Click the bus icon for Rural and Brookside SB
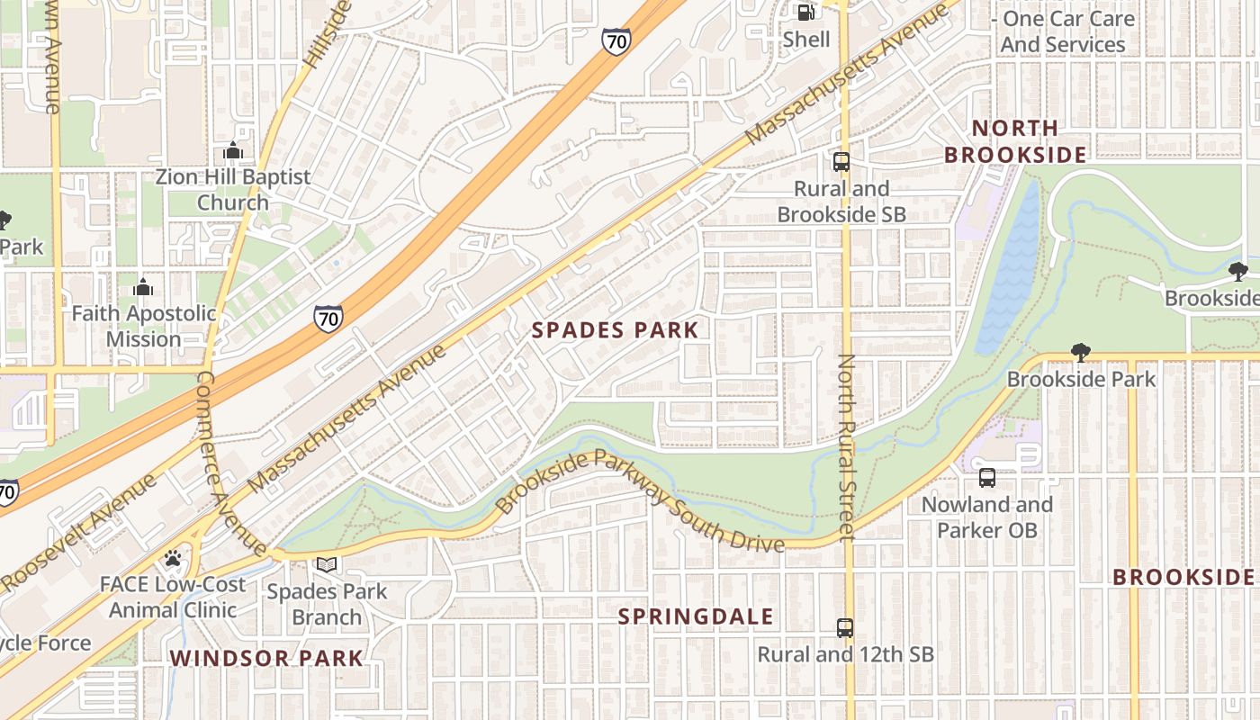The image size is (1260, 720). [x=841, y=162]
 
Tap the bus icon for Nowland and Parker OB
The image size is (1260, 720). [x=987, y=478]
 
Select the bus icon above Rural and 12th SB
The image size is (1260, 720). [x=844, y=628]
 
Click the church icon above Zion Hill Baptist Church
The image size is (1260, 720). [x=233, y=150]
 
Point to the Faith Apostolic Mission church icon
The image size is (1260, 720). [x=143, y=287]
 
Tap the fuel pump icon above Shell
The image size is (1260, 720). [x=806, y=13]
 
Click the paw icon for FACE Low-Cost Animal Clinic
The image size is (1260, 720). [x=173, y=558]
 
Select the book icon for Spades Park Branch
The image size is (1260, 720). [x=327, y=565]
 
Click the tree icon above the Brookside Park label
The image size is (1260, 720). [x=1080, y=353]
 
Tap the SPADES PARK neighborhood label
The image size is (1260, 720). [x=615, y=330]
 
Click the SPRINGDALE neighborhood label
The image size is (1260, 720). [x=697, y=616]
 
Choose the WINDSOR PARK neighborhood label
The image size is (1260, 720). [x=266, y=658]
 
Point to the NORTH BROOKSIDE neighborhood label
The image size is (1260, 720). [x=1015, y=141]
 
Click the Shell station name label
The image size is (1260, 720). [x=806, y=39]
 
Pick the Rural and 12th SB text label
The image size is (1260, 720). [x=845, y=654]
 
